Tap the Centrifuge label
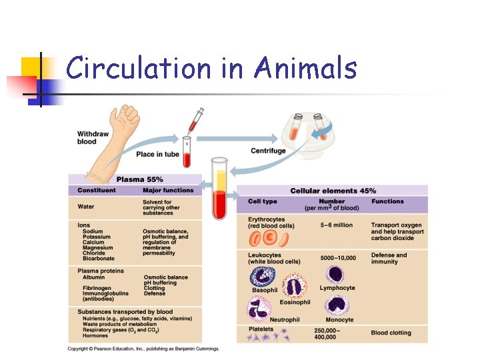[x=268, y=151]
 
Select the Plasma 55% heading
[x=139, y=179]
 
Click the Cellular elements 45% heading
[x=333, y=191]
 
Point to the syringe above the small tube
[x=195, y=120]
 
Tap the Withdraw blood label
[x=92, y=137]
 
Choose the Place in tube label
[x=157, y=155]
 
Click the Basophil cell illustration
[x=261, y=275]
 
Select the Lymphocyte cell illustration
[x=335, y=274]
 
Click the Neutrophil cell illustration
[x=257, y=309]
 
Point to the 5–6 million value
[x=337, y=225]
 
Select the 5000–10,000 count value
[x=338, y=258]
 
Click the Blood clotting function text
[x=391, y=333]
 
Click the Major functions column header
[x=167, y=191]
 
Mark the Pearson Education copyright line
[x=143, y=349]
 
